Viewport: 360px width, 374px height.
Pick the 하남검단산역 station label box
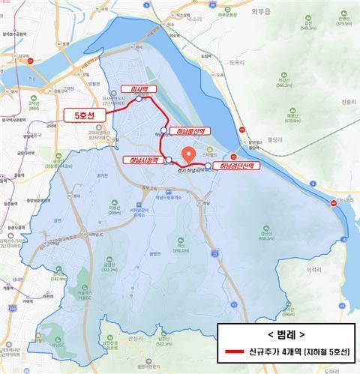point(235,165)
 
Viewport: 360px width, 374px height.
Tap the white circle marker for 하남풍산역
point(163,130)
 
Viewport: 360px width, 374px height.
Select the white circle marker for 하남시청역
point(168,159)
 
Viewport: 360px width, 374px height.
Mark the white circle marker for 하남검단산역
point(207,165)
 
